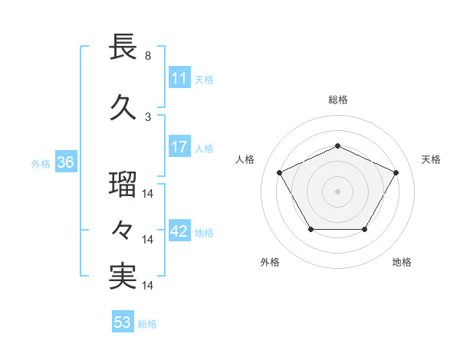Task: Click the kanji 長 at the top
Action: [x=123, y=47]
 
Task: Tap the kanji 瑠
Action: [x=123, y=186]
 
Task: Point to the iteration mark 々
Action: [x=123, y=231]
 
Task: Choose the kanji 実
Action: [x=123, y=276]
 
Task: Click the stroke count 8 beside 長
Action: [x=148, y=56]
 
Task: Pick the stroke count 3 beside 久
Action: [x=148, y=116]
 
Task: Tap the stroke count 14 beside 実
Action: [x=149, y=285]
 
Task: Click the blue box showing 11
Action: [x=179, y=78]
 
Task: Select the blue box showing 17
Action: [x=179, y=147]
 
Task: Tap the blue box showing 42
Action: [x=179, y=232]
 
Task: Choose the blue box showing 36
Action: [x=65, y=162]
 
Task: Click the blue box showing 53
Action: [x=123, y=322]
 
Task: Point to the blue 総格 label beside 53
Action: [x=147, y=324]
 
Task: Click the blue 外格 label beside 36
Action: [x=41, y=163]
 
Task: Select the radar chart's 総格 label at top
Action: [x=337, y=100]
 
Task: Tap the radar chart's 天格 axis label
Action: [x=431, y=159]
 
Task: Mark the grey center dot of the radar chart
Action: [x=337, y=191]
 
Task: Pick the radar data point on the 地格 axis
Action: [x=365, y=229]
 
